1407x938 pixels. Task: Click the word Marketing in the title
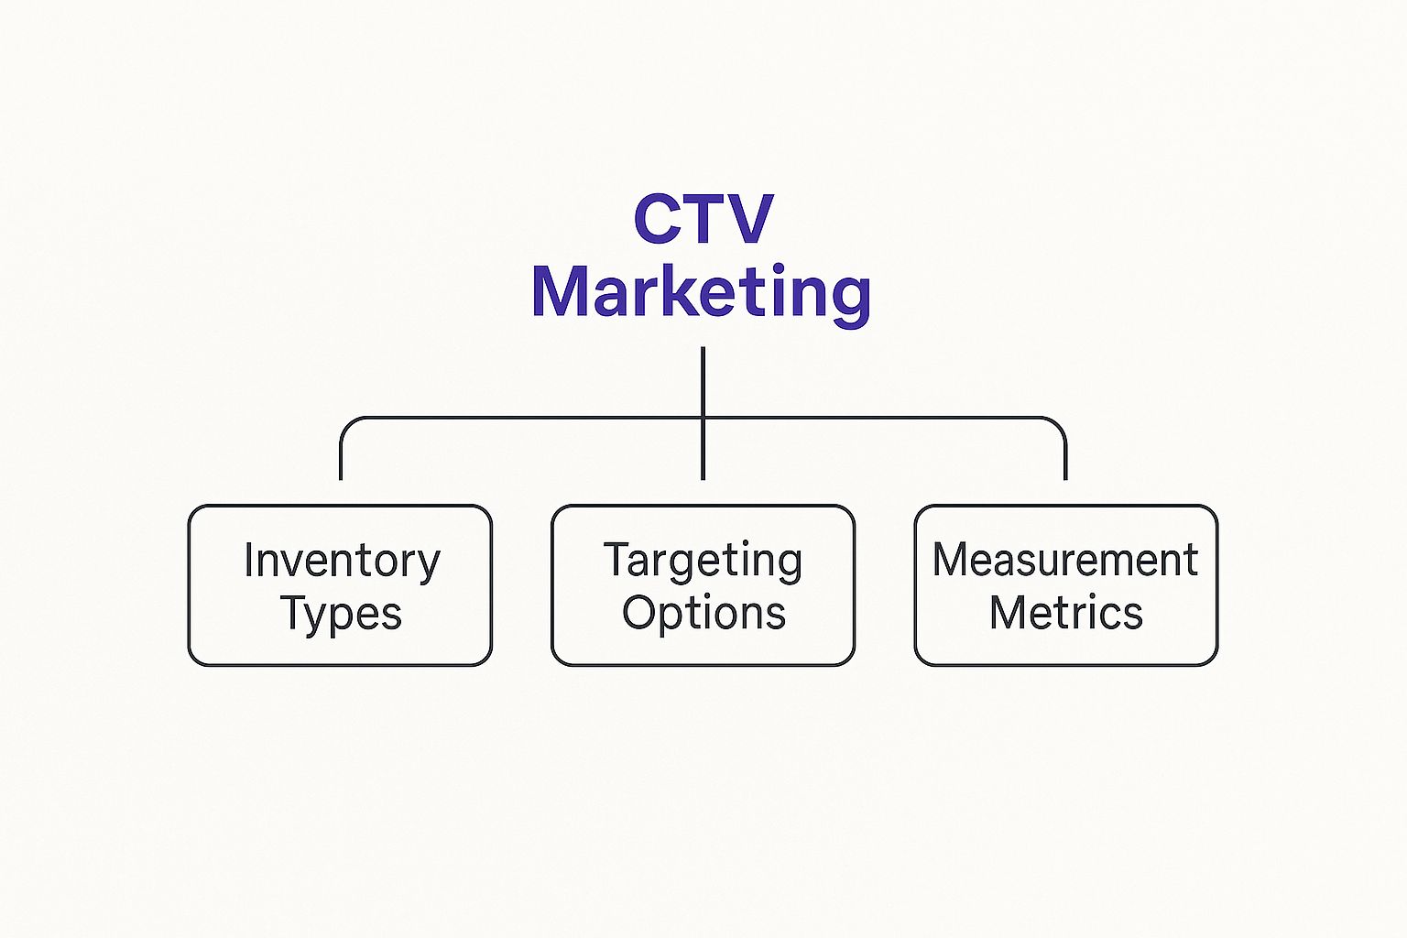[x=702, y=292]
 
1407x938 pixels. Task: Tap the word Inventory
[x=342, y=561]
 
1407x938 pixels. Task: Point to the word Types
[x=341, y=614]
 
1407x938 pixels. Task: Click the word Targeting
[x=703, y=561]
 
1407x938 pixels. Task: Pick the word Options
[x=703, y=613]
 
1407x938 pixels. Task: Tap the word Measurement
[x=1065, y=560]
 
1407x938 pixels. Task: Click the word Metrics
[x=1065, y=613]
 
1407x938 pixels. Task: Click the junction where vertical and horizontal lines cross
[x=703, y=418]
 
